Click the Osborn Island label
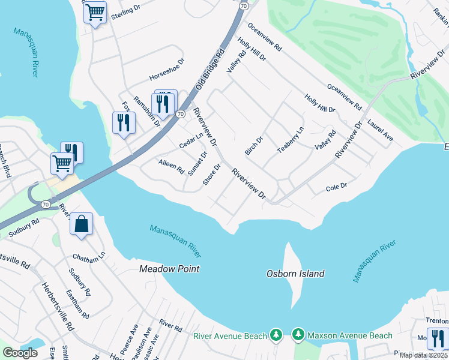click(x=295, y=274)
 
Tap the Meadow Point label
click(x=169, y=269)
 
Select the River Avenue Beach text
click(x=230, y=336)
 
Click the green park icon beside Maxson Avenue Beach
click(x=298, y=334)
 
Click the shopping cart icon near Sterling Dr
click(x=95, y=11)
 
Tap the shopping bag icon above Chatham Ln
click(x=81, y=224)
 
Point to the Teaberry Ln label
click(x=291, y=140)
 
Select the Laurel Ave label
click(x=381, y=130)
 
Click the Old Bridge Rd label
click(x=212, y=68)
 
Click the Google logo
click(x=20, y=353)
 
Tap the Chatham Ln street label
click(x=89, y=256)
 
